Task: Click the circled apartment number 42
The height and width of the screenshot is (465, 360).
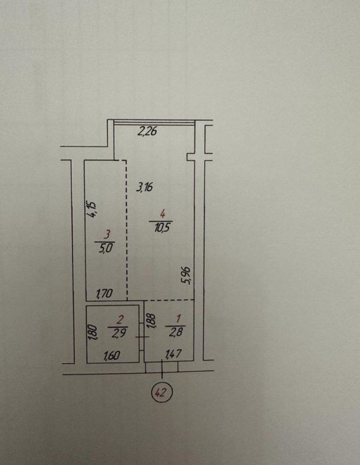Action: coord(162,393)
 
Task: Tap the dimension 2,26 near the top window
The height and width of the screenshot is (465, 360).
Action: coord(147,131)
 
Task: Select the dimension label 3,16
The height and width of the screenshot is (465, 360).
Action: coord(144,187)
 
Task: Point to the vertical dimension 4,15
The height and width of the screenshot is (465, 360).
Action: coord(92,210)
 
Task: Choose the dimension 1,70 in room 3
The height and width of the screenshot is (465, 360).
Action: coord(104,293)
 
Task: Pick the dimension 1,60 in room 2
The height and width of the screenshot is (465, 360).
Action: coord(112,355)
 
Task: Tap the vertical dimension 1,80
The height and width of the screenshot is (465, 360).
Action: coord(92,333)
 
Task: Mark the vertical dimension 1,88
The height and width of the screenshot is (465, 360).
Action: coord(151,321)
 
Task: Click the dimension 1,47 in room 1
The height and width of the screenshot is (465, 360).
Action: coord(174,353)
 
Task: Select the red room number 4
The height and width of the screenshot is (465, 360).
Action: coord(162,214)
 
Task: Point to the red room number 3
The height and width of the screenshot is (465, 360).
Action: coord(107,235)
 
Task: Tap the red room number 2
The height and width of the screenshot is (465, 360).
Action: coord(120,320)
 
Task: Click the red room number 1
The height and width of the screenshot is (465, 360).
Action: coord(178,319)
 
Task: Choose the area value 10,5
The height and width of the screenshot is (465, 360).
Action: coord(162,228)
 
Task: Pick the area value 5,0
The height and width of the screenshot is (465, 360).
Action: coord(106,247)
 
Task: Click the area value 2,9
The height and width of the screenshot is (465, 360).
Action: coord(119,333)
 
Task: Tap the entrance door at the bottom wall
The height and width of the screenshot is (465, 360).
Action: coord(162,367)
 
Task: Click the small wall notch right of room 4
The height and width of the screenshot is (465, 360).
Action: coord(190,157)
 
